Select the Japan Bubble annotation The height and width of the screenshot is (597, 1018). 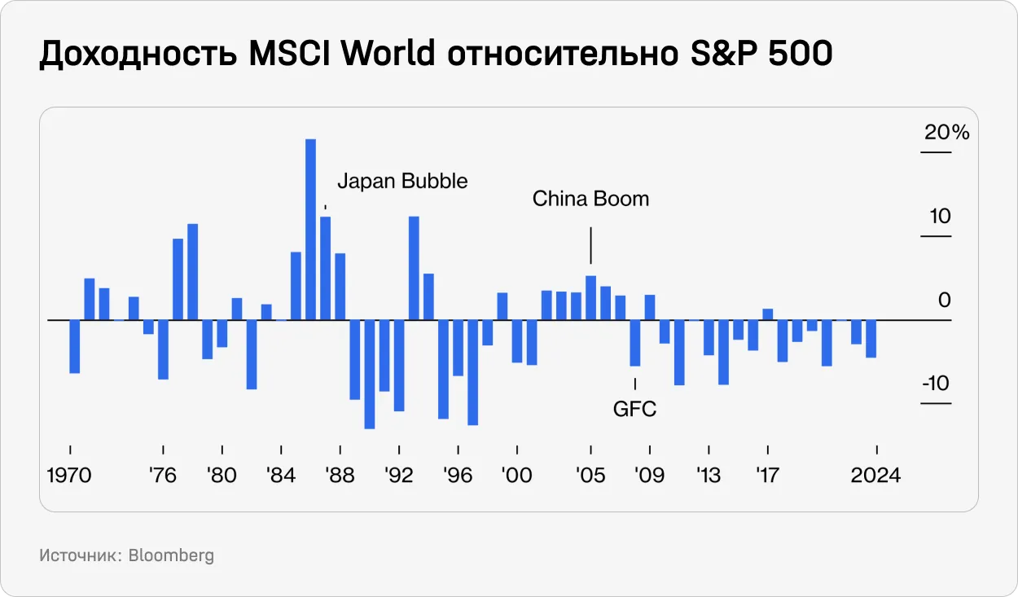coord(402,181)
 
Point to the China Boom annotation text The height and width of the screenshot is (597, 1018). coord(590,199)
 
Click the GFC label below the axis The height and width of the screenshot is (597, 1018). coord(634,409)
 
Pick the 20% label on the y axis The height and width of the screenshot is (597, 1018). coord(946,133)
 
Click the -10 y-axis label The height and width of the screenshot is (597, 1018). coord(937,383)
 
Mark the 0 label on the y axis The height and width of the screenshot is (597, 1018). coord(944,301)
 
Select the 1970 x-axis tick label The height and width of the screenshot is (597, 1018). coord(69,475)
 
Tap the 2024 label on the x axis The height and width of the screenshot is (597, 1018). coord(875,475)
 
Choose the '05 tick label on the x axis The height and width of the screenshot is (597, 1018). coord(590,475)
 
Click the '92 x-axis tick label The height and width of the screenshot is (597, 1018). coord(399,475)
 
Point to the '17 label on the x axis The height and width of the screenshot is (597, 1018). coord(767,475)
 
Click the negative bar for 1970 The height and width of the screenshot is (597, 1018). coord(75,346)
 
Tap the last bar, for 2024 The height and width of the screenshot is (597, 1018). coord(871,339)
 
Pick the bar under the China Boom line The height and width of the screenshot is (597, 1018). coord(590,298)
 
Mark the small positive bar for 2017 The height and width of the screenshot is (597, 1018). coord(767,314)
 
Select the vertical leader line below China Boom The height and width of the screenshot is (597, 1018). coord(590,246)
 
